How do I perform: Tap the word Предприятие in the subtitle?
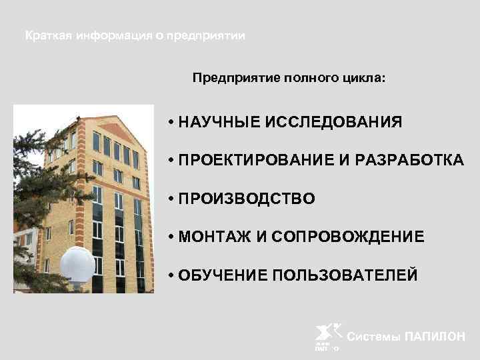click(226, 78)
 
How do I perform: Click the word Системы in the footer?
click(375, 337)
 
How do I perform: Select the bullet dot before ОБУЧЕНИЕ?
click(171, 275)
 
